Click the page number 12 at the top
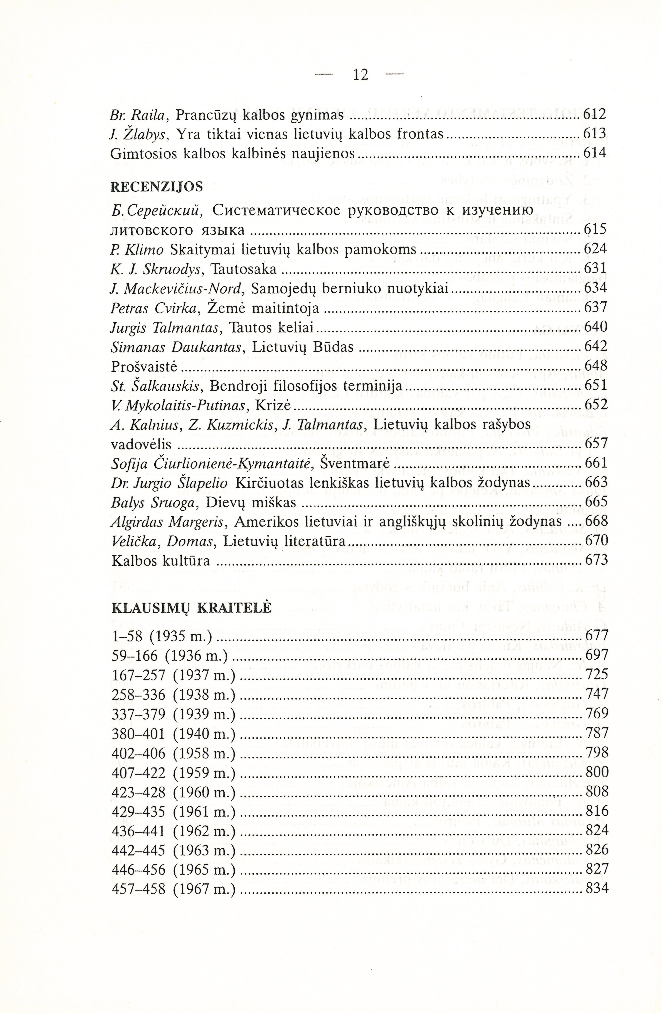click(360, 75)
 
